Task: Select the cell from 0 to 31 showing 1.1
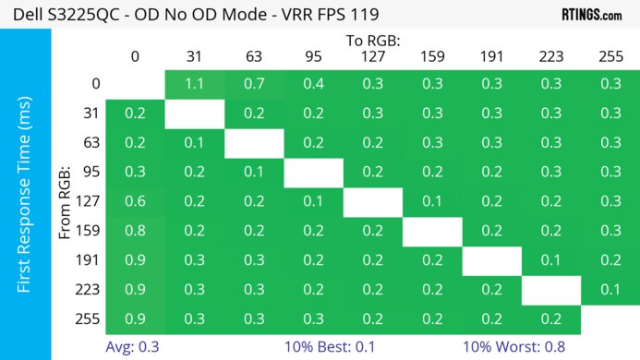(195, 84)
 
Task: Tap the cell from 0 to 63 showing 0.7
(254, 84)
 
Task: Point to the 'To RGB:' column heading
(372, 41)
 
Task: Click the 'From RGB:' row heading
(66, 201)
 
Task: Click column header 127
(372, 56)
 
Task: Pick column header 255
(610, 56)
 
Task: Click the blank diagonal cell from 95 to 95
(313, 173)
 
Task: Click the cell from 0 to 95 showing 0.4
(313, 84)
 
